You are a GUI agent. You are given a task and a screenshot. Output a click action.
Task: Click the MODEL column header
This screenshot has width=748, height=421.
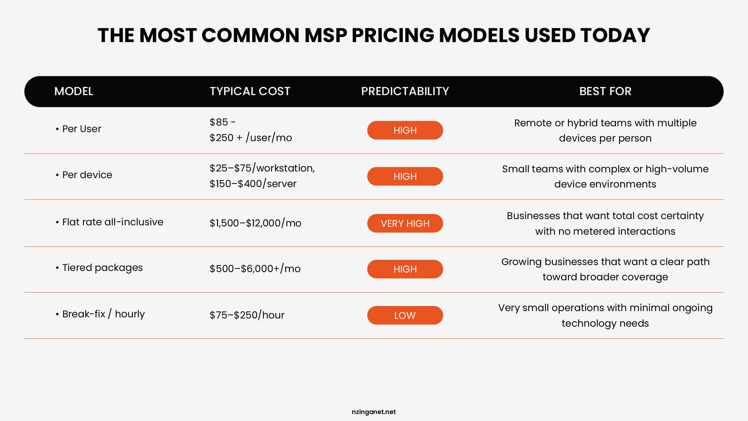point(74,91)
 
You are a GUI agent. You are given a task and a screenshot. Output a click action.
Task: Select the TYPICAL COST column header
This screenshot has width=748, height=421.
point(250,91)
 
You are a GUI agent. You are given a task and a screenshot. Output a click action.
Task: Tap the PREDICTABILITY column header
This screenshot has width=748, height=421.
point(405,91)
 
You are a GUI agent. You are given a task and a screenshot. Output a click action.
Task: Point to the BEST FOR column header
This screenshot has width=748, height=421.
point(605,91)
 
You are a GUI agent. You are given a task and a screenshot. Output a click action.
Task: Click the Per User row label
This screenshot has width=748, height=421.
point(81,129)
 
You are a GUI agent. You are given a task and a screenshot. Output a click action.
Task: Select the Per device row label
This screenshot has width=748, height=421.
point(87,175)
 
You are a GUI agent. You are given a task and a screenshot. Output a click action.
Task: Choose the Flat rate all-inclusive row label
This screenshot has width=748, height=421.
point(112,222)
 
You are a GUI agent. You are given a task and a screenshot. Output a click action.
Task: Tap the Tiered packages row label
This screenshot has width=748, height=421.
point(102,268)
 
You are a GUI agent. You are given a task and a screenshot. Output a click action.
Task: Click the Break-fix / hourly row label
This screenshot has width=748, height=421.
point(103,314)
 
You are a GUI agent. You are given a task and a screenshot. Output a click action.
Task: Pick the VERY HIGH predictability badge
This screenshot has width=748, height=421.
point(405,223)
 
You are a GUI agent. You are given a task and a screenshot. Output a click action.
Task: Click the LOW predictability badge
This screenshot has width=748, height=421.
point(405,315)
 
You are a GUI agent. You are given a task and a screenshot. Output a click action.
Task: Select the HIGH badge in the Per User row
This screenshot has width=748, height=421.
point(405,130)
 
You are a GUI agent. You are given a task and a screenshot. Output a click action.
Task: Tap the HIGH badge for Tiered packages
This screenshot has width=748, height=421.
point(405,269)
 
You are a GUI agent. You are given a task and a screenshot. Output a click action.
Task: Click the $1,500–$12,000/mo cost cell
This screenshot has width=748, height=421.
point(255,223)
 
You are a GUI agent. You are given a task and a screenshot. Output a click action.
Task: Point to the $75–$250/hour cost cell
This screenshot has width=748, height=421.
point(247,315)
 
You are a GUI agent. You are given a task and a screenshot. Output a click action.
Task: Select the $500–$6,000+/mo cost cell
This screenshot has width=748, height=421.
point(255,269)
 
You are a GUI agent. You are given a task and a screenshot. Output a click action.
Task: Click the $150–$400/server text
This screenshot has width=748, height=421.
point(253,184)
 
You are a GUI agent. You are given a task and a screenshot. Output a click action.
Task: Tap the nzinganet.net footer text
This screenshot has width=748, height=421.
point(374,412)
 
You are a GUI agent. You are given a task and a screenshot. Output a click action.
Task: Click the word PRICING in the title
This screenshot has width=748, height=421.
point(393,35)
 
